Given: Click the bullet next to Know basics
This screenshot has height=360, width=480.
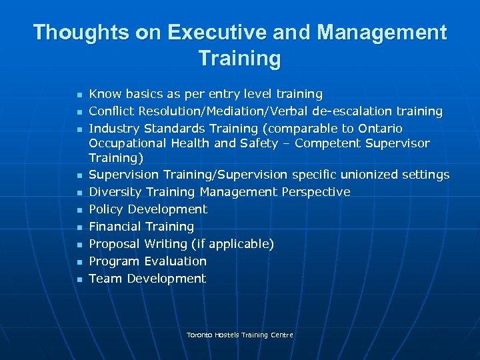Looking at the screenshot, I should (x=78, y=95).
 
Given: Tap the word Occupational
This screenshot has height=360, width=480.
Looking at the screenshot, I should (x=127, y=143).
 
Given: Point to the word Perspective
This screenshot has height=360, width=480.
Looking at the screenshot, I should (x=315, y=192).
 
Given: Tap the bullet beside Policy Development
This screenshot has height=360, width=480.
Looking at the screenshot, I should (x=78, y=210).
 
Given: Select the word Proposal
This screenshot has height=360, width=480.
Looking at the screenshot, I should (x=114, y=244).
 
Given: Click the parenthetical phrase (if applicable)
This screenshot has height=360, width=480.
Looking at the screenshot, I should (x=233, y=244).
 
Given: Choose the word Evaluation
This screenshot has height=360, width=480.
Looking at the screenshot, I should (x=175, y=261).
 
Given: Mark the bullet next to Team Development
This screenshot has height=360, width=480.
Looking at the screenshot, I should (x=78, y=279).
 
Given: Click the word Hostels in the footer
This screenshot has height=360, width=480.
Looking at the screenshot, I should (x=228, y=335).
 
